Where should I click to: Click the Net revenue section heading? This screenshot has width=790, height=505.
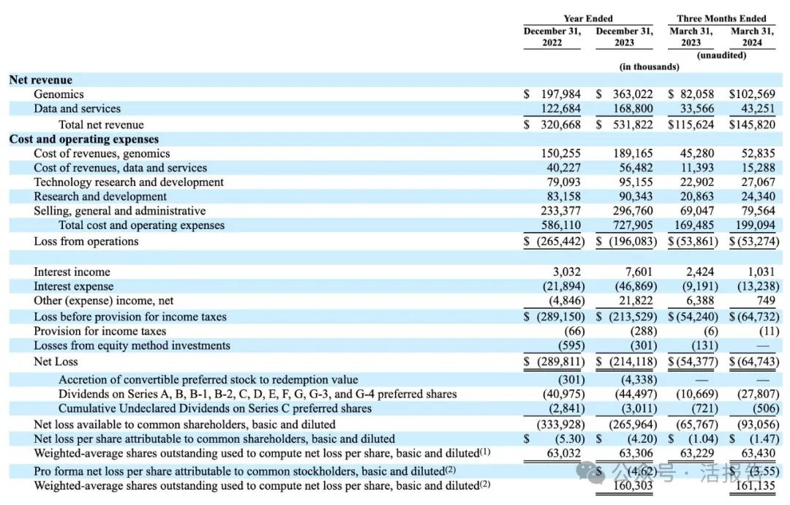[x=41, y=80]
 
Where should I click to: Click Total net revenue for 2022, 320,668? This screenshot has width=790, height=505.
[x=559, y=124]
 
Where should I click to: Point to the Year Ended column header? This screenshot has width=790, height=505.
[x=588, y=18]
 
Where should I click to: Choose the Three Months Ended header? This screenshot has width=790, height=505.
[x=721, y=18]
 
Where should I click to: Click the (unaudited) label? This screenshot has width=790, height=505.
[x=721, y=55]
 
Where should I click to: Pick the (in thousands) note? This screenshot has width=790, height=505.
[x=649, y=67]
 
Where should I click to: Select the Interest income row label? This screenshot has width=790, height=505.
[x=72, y=272]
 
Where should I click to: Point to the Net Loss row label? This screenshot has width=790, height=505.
[x=56, y=362]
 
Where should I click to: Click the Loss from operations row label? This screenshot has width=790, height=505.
[x=86, y=241]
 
